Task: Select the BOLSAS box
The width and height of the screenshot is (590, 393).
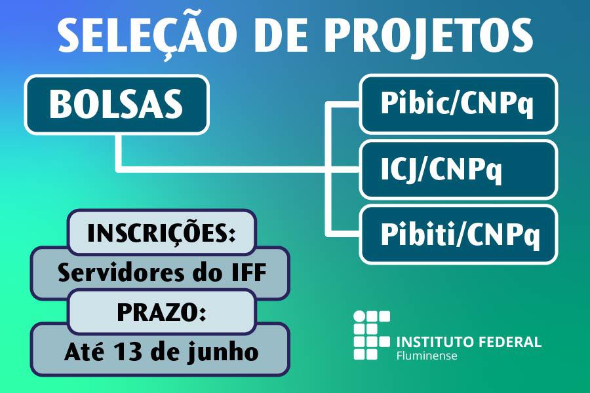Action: coord(117,105)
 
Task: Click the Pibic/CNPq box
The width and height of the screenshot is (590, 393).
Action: coord(458,104)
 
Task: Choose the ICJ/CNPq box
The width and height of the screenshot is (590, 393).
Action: coord(458,170)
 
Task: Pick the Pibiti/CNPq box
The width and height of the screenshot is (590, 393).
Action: coord(458,234)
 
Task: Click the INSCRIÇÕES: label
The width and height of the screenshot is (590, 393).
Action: coord(161,233)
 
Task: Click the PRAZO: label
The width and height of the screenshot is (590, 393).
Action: coord(161,313)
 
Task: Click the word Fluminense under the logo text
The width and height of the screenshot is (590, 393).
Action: coord(427,356)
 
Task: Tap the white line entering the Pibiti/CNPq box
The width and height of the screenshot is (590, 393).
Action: coord(344,234)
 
